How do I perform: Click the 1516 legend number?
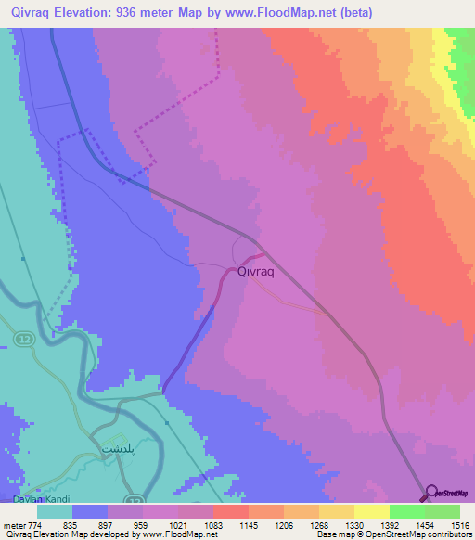(460, 524)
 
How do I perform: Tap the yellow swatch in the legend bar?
(371, 511)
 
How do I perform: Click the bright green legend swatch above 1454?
(406, 511)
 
